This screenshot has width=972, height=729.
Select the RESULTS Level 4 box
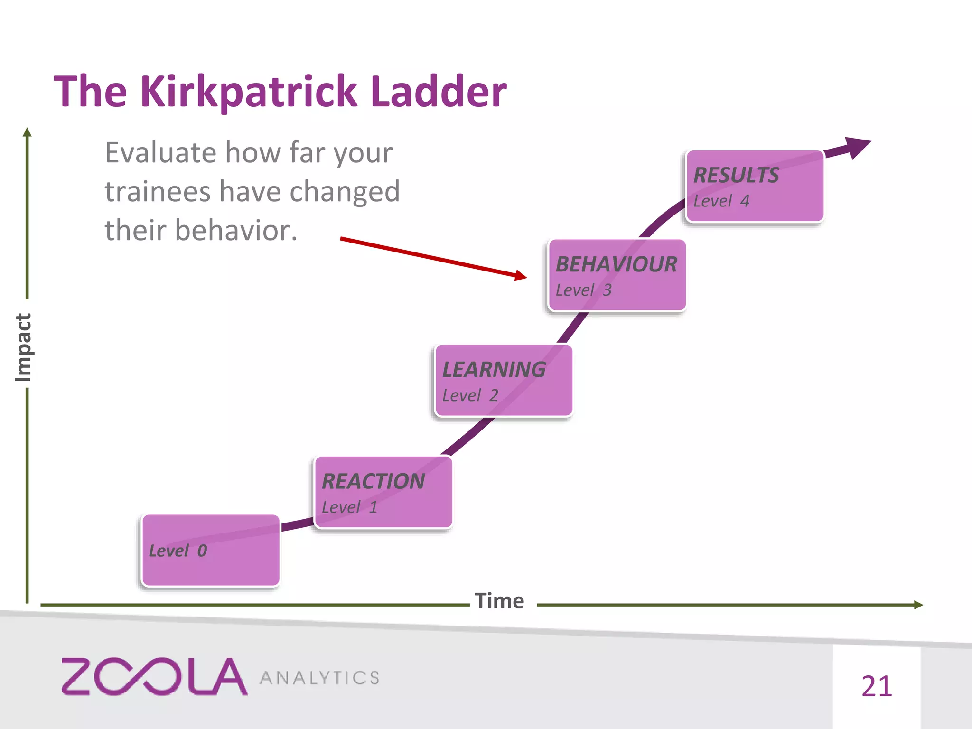click(x=755, y=186)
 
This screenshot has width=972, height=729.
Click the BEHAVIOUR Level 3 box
click(x=617, y=275)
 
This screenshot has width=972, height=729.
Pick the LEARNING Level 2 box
click(x=503, y=381)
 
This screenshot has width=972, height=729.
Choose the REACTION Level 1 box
click(x=383, y=492)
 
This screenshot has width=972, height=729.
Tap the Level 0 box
click(x=210, y=551)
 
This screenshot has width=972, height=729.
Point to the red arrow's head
click(x=522, y=275)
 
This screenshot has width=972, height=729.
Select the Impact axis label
click(x=23, y=347)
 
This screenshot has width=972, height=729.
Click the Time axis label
click(x=499, y=601)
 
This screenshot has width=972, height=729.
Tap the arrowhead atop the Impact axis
click(x=27, y=132)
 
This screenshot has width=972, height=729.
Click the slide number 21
click(x=877, y=686)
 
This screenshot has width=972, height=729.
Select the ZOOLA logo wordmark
click(x=154, y=676)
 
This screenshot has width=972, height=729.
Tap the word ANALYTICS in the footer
click(x=319, y=678)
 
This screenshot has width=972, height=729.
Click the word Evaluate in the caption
click(x=160, y=153)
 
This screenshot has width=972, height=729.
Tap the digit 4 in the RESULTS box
click(x=745, y=201)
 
